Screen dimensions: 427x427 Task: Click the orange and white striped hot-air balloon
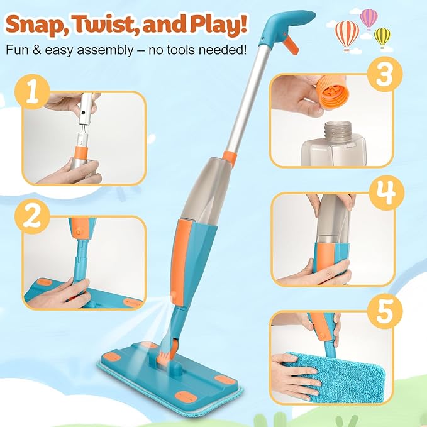click(347, 33)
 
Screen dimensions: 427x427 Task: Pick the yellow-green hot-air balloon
click(382, 36)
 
